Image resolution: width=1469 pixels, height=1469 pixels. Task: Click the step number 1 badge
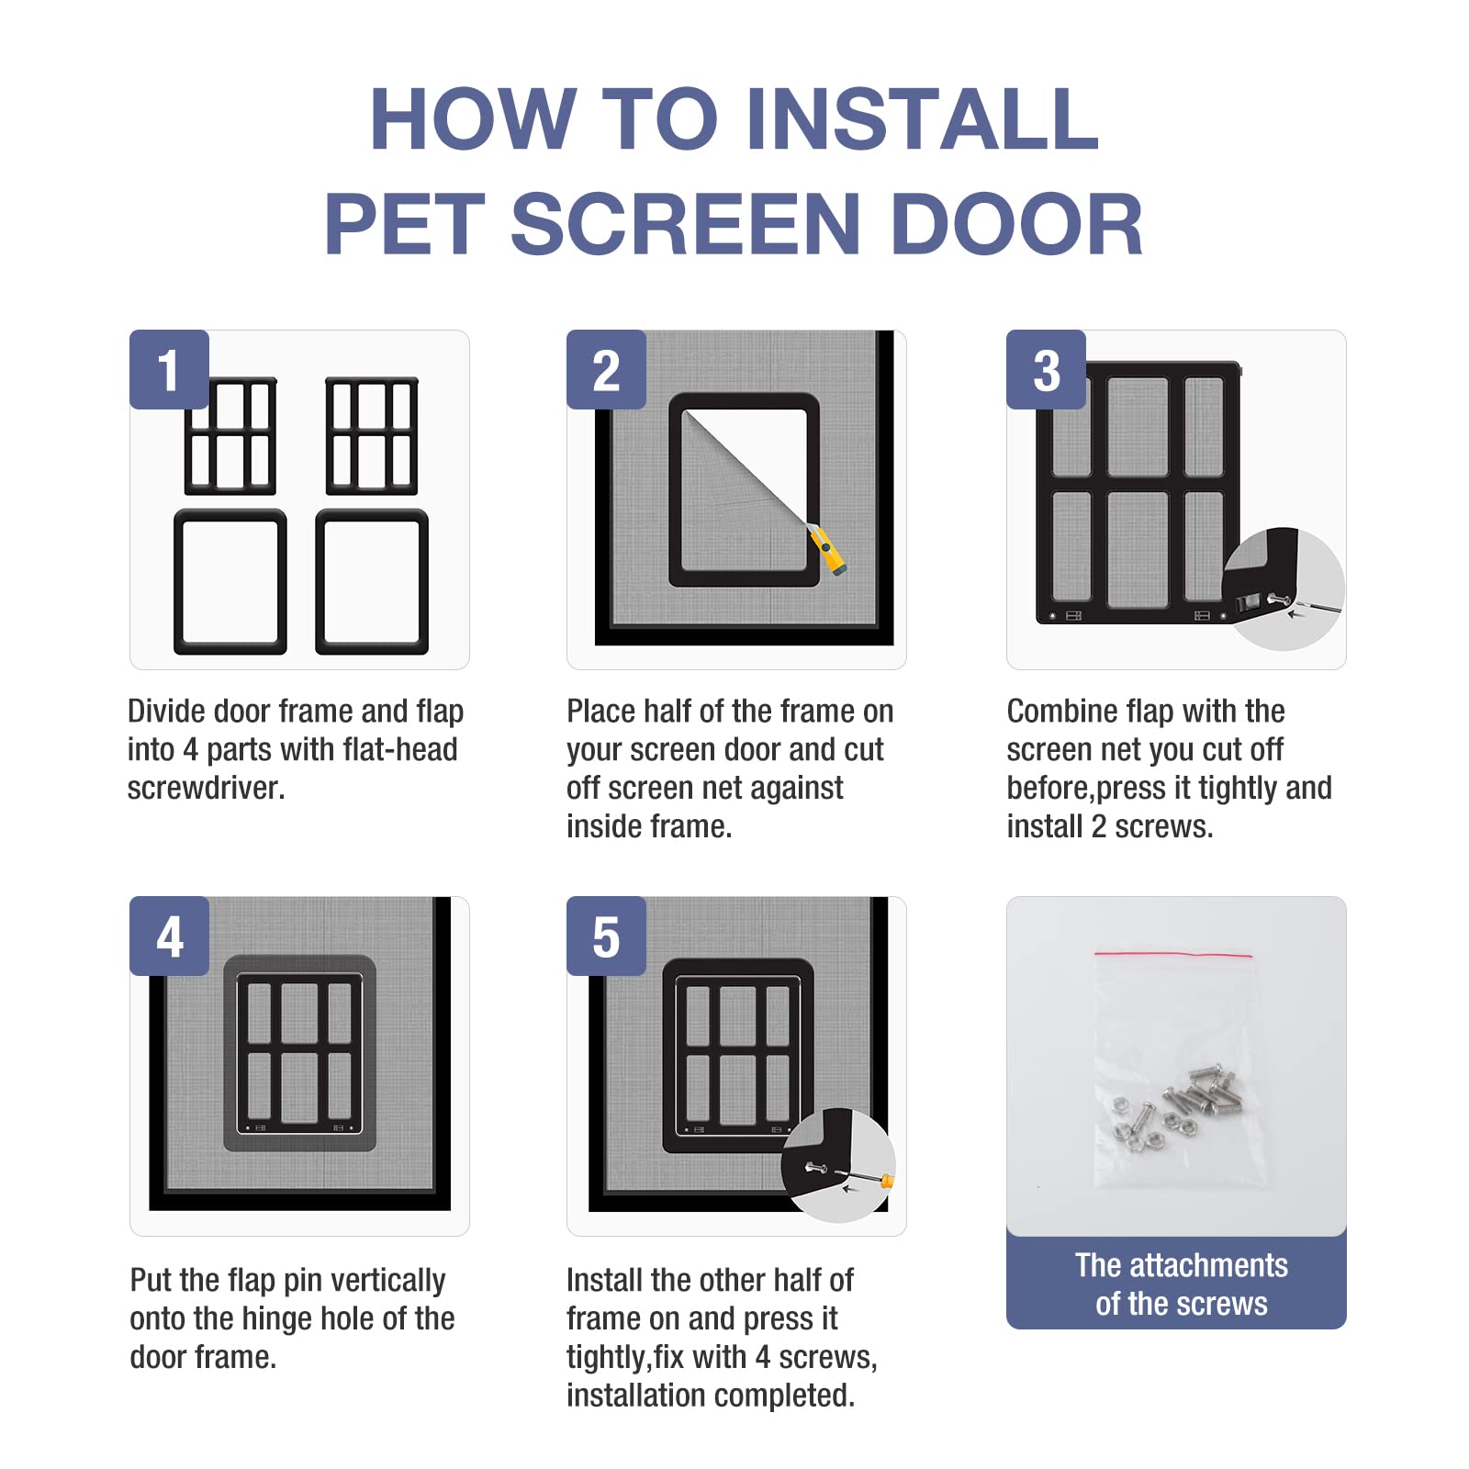[x=169, y=370]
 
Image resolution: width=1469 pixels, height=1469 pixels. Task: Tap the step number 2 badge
[x=606, y=370]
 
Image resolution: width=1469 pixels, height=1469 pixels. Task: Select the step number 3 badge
[x=1046, y=370]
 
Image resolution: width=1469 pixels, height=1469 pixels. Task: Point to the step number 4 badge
[x=169, y=936]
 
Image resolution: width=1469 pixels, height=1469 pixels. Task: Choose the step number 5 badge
[x=606, y=936]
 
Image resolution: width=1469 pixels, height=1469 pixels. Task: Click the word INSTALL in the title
[x=922, y=119]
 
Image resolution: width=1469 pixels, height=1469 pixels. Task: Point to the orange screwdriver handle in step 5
[x=886, y=1182]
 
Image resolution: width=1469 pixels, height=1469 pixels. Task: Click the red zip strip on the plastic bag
[x=1172, y=955]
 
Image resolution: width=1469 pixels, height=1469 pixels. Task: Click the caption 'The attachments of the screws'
[x=1181, y=1284]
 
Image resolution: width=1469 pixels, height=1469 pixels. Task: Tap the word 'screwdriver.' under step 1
[x=206, y=788]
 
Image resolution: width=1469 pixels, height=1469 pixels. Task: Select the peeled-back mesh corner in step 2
[x=725, y=459]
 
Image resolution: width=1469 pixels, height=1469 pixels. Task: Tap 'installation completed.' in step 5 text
[x=710, y=1396]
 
